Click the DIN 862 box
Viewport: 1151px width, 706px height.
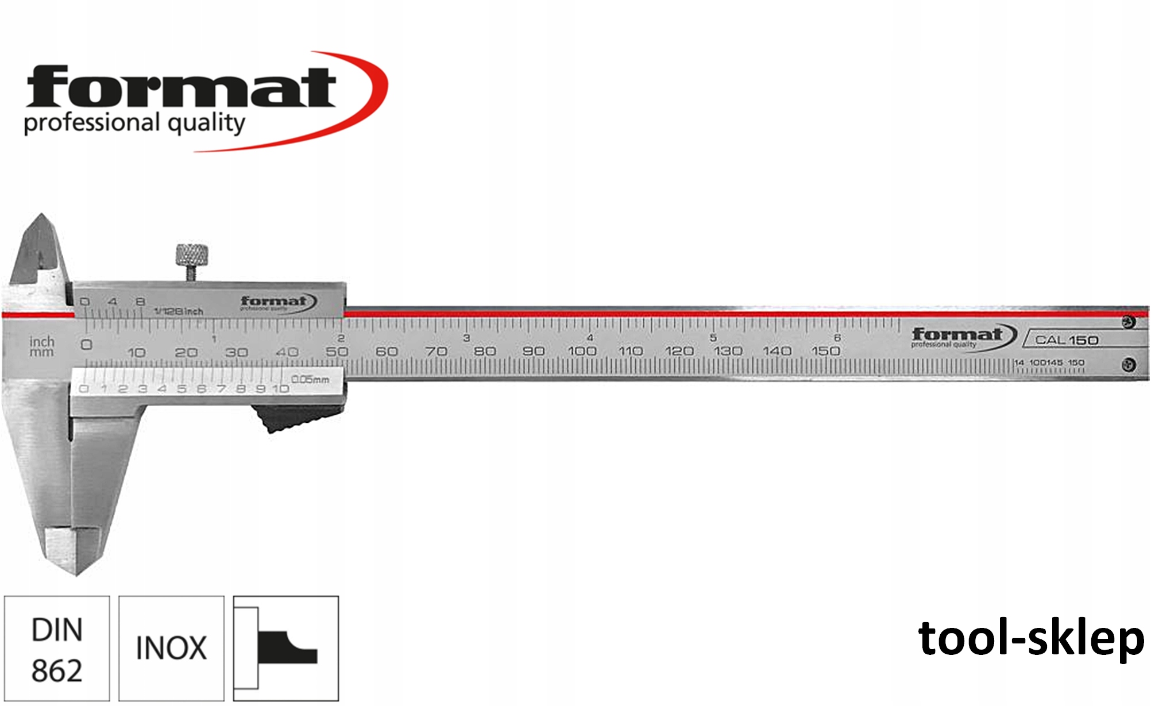57,649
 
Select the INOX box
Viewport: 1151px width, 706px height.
171,649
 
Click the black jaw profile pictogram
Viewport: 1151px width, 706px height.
286,648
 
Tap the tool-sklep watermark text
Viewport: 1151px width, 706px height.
1030,638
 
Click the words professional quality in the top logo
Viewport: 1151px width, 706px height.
134,123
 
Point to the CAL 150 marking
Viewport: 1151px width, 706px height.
1067,340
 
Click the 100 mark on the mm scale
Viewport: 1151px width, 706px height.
582,350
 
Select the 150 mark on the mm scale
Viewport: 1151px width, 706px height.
825,350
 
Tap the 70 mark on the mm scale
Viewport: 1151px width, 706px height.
436,350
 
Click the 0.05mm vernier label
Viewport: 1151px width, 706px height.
310,379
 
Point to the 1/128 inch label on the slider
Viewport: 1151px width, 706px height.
179,311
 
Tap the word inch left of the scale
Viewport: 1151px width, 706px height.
42,341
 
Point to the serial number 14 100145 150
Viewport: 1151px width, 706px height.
1049,362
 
